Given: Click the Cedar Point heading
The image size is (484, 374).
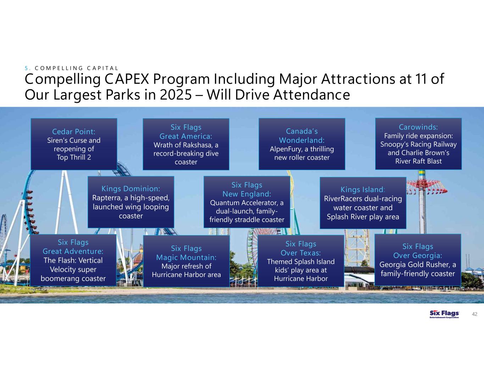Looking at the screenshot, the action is click(x=74, y=132).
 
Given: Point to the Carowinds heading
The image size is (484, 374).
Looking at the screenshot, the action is click(x=418, y=127).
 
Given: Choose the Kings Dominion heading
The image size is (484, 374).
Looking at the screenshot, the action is click(x=131, y=189).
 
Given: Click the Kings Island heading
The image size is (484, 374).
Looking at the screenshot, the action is click(x=363, y=190).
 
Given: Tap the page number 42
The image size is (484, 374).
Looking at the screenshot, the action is click(x=475, y=314).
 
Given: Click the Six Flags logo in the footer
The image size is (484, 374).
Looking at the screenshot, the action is click(x=444, y=314).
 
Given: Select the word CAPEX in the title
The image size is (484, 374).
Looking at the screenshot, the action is click(x=127, y=79).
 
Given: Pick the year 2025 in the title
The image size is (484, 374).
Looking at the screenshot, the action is click(x=176, y=95).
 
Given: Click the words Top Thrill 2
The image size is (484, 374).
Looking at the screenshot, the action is click(x=74, y=158).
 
